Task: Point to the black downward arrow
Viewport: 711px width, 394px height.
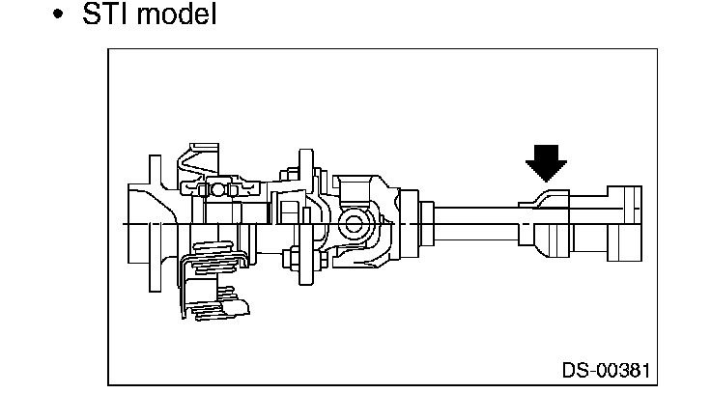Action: (x=546, y=161)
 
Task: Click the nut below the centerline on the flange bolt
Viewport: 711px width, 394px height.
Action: (x=289, y=258)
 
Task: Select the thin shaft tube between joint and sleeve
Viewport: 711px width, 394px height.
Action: (x=473, y=224)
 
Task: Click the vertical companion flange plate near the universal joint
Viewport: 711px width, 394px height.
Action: (x=306, y=217)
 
